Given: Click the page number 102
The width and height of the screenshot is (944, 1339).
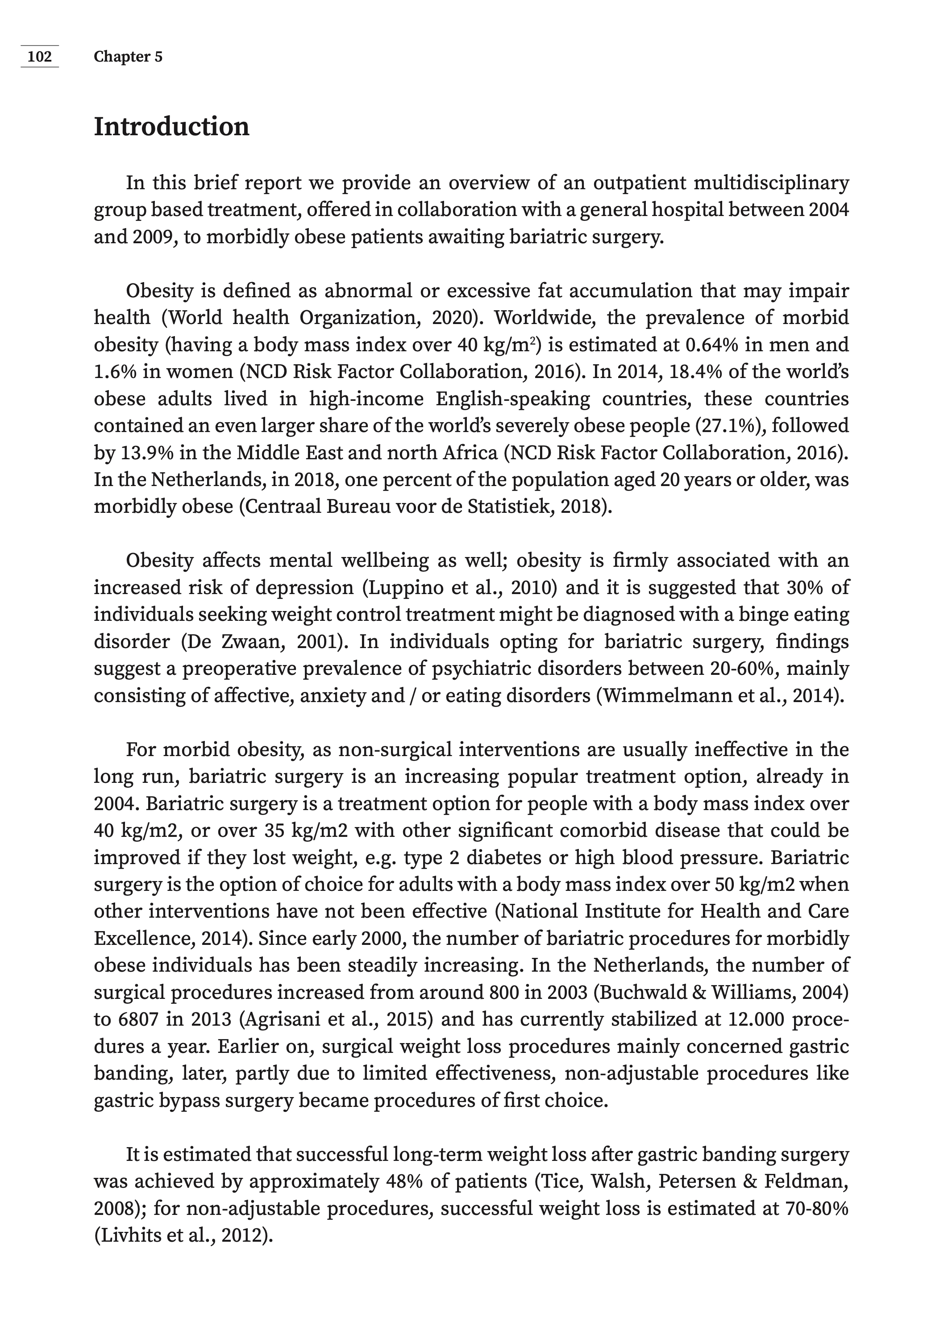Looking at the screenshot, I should point(40,57).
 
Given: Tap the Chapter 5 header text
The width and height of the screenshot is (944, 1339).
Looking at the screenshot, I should point(128,57).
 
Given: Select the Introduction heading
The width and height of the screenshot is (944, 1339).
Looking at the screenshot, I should point(171,127).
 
